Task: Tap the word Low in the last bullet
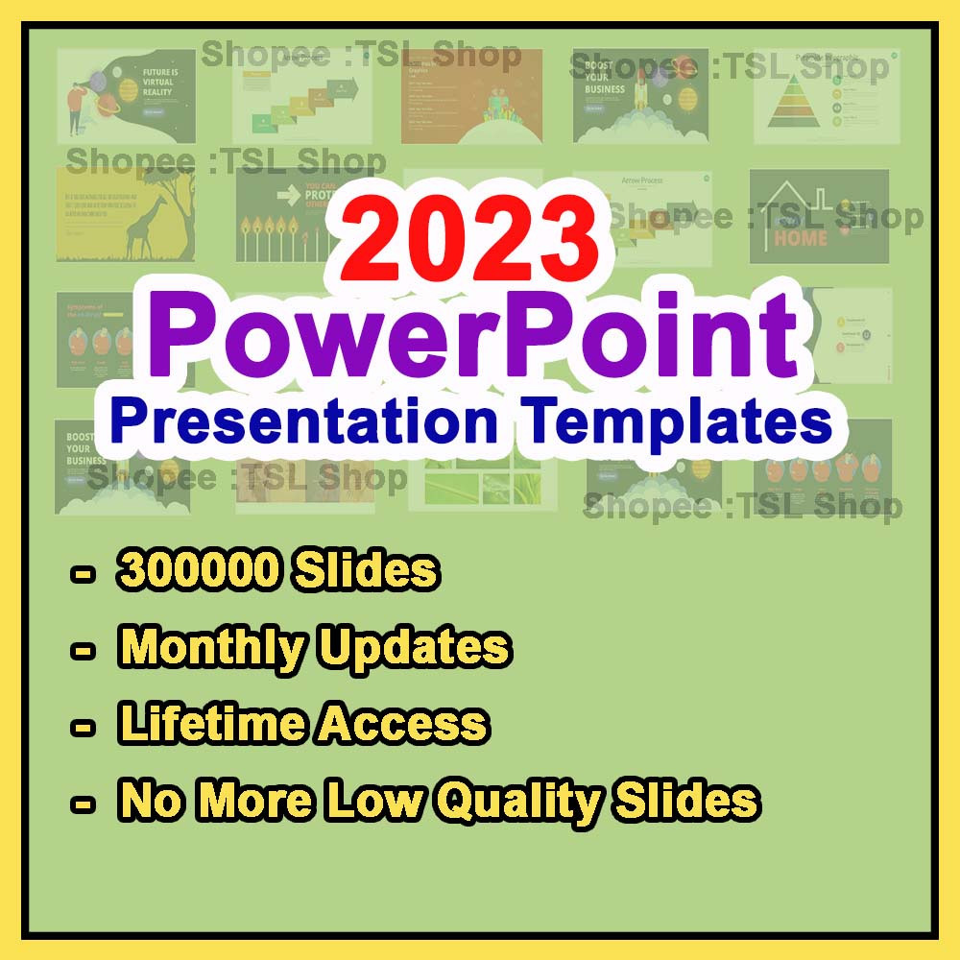(x=375, y=800)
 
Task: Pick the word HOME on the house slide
(x=801, y=236)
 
